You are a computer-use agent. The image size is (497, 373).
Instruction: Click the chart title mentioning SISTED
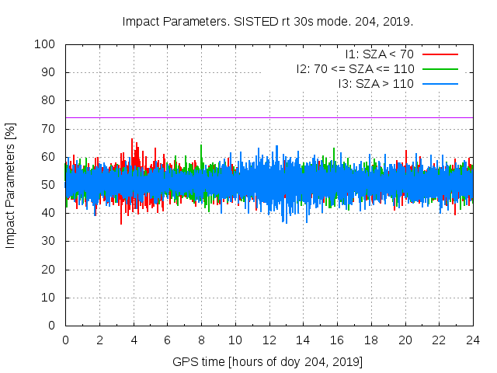[267, 22]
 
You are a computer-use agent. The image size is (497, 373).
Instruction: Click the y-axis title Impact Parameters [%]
[11, 185]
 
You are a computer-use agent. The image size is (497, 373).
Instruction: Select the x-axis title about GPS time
[268, 362]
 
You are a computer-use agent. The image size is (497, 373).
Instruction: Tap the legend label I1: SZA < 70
[379, 54]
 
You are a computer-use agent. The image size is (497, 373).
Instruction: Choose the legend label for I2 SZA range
[355, 69]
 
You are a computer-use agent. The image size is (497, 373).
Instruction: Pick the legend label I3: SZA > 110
[376, 83]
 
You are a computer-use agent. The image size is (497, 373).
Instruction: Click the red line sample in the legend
[440, 54]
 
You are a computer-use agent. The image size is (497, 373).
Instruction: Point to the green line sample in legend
[440, 69]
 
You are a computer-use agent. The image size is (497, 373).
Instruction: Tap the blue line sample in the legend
[440, 83]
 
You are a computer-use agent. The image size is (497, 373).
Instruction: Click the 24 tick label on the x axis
[473, 340]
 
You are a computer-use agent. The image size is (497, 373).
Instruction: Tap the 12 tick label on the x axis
[269, 340]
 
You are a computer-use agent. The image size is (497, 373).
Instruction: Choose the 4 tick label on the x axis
[134, 340]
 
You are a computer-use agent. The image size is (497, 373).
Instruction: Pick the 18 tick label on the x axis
[371, 340]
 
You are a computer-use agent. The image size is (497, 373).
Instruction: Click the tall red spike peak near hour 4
[133, 139]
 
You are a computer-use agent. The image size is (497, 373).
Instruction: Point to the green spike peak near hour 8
[201, 145]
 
